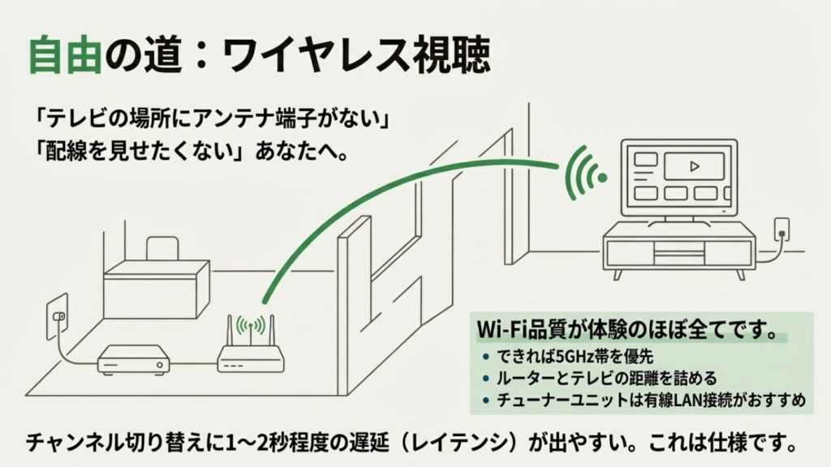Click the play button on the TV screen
pos(693,166)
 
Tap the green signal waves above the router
pos(251,325)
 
